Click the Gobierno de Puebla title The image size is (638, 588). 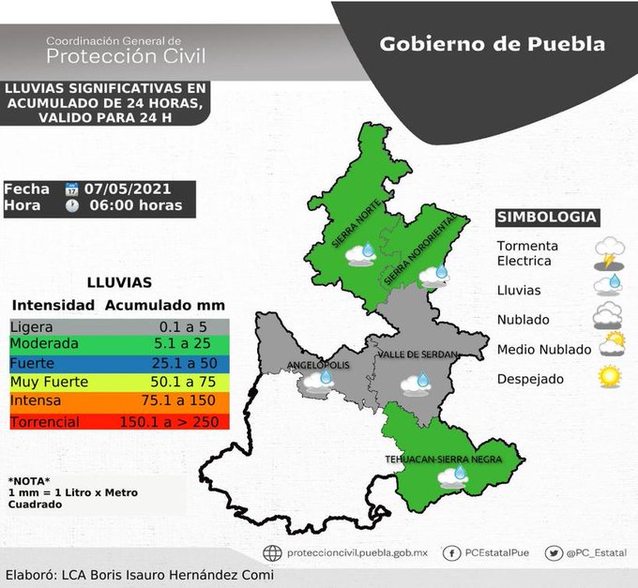(492, 44)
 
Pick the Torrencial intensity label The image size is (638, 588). (45, 421)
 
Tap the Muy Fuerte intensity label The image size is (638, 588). (49, 382)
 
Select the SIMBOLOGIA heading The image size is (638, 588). (546, 218)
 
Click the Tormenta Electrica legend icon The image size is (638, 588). (610, 253)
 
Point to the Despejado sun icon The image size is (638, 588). (611, 378)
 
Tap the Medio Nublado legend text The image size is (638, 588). (544, 350)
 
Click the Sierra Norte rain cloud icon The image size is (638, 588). (364, 253)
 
